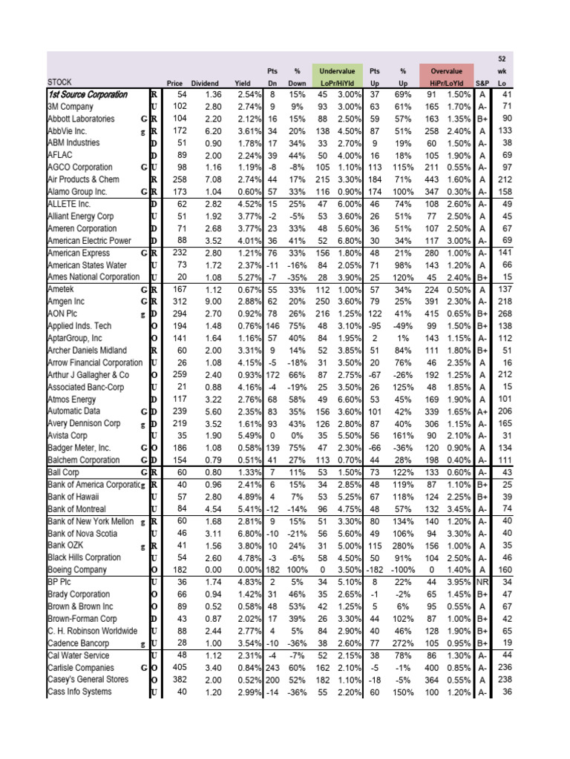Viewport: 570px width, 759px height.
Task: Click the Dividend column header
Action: [x=205, y=82]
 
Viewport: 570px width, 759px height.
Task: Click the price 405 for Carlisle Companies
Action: [x=179, y=667]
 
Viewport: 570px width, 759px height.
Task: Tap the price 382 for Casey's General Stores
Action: [x=179, y=680]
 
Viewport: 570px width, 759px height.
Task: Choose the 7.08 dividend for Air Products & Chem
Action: [x=212, y=180]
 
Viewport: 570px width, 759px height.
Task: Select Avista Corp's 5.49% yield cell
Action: [x=248, y=435]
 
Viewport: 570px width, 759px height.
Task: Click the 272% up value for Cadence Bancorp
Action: [x=404, y=643]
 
